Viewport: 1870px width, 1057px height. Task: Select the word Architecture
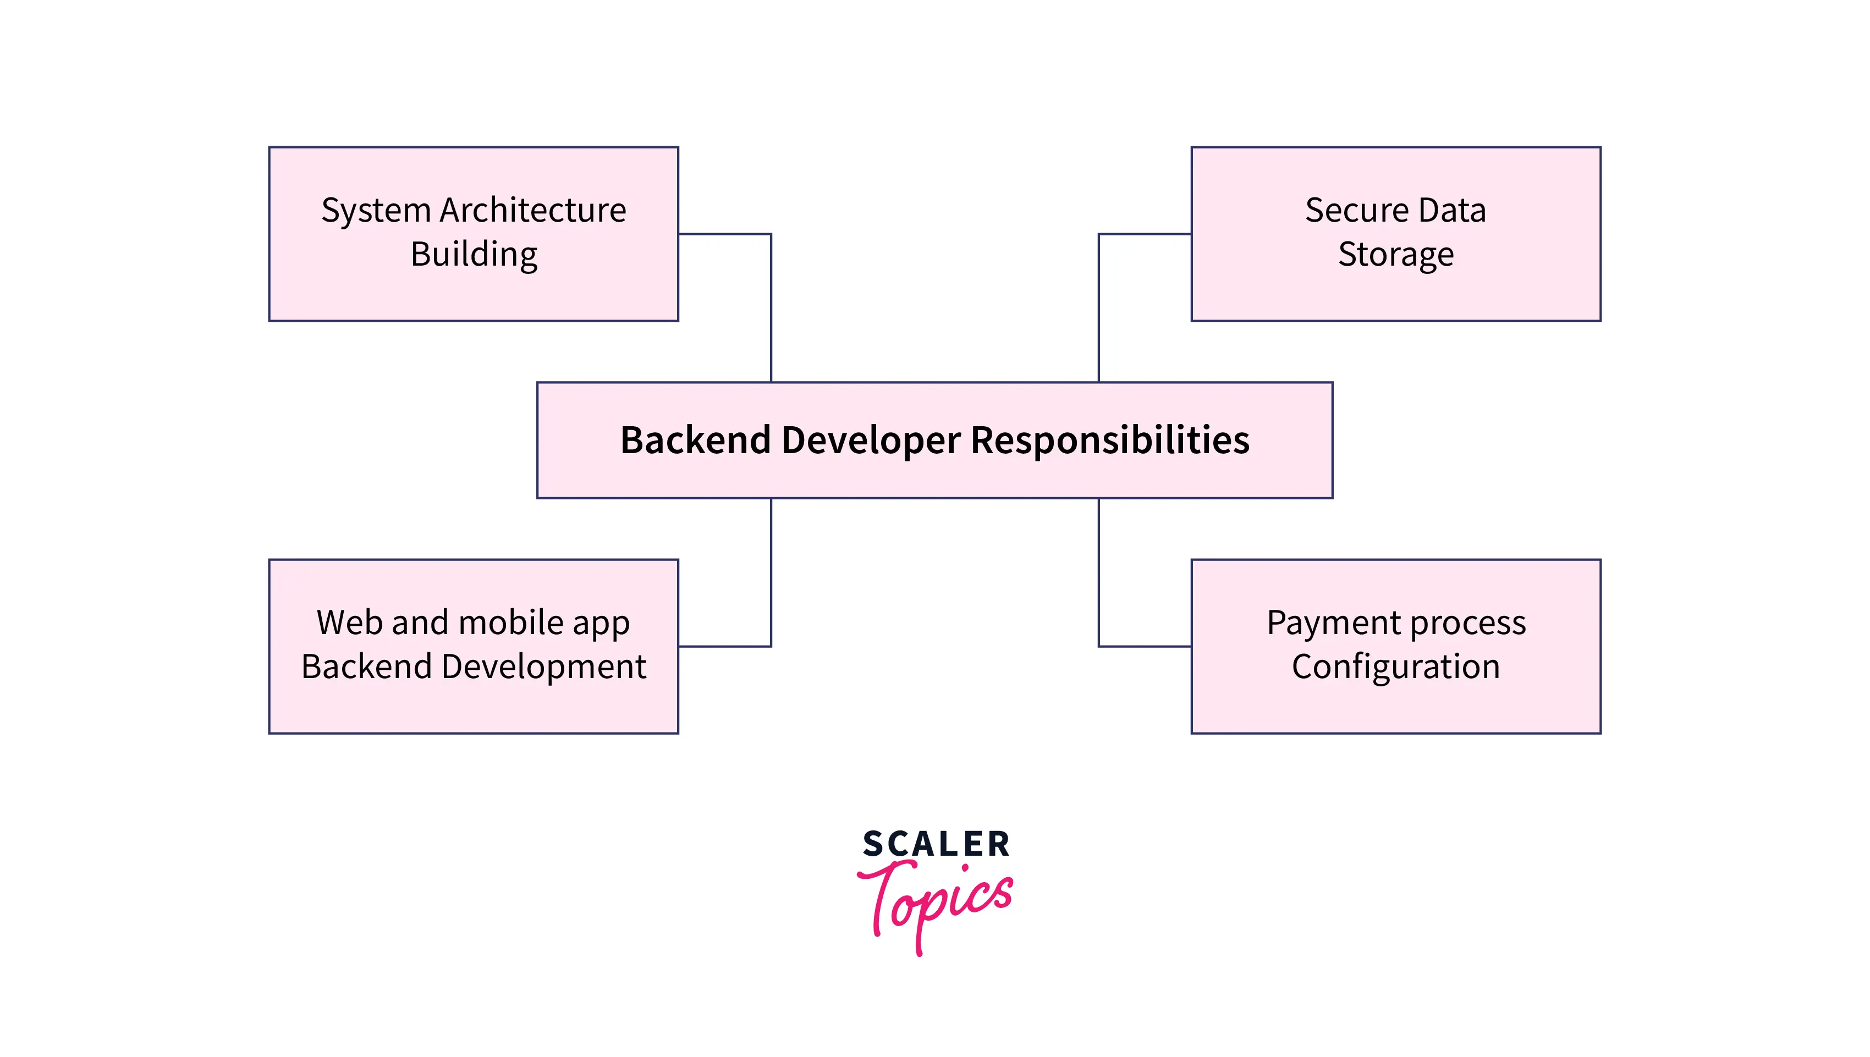[533, 211]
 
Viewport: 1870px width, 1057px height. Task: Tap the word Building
[474, 255]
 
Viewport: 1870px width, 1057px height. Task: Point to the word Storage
[1395, 255]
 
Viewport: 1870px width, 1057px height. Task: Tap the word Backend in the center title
[695, 441]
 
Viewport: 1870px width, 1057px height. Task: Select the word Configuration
[1395, 667]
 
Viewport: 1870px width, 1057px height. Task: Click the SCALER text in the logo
[936, 844]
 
